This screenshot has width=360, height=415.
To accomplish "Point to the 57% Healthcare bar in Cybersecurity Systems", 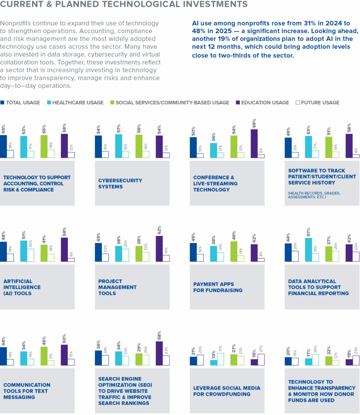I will tap(118, 145).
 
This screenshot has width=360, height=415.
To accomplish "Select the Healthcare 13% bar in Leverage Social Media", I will tap(213, 362).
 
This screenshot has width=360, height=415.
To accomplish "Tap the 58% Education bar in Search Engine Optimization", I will tap(159, 353).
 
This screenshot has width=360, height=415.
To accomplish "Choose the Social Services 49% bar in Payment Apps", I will tap(234, 251).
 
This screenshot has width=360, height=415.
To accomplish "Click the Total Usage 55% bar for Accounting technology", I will tap(3, 146).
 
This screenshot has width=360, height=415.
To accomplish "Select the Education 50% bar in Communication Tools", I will tap(64, 355).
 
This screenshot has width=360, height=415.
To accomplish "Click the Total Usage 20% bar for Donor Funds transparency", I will tap(288, 361).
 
